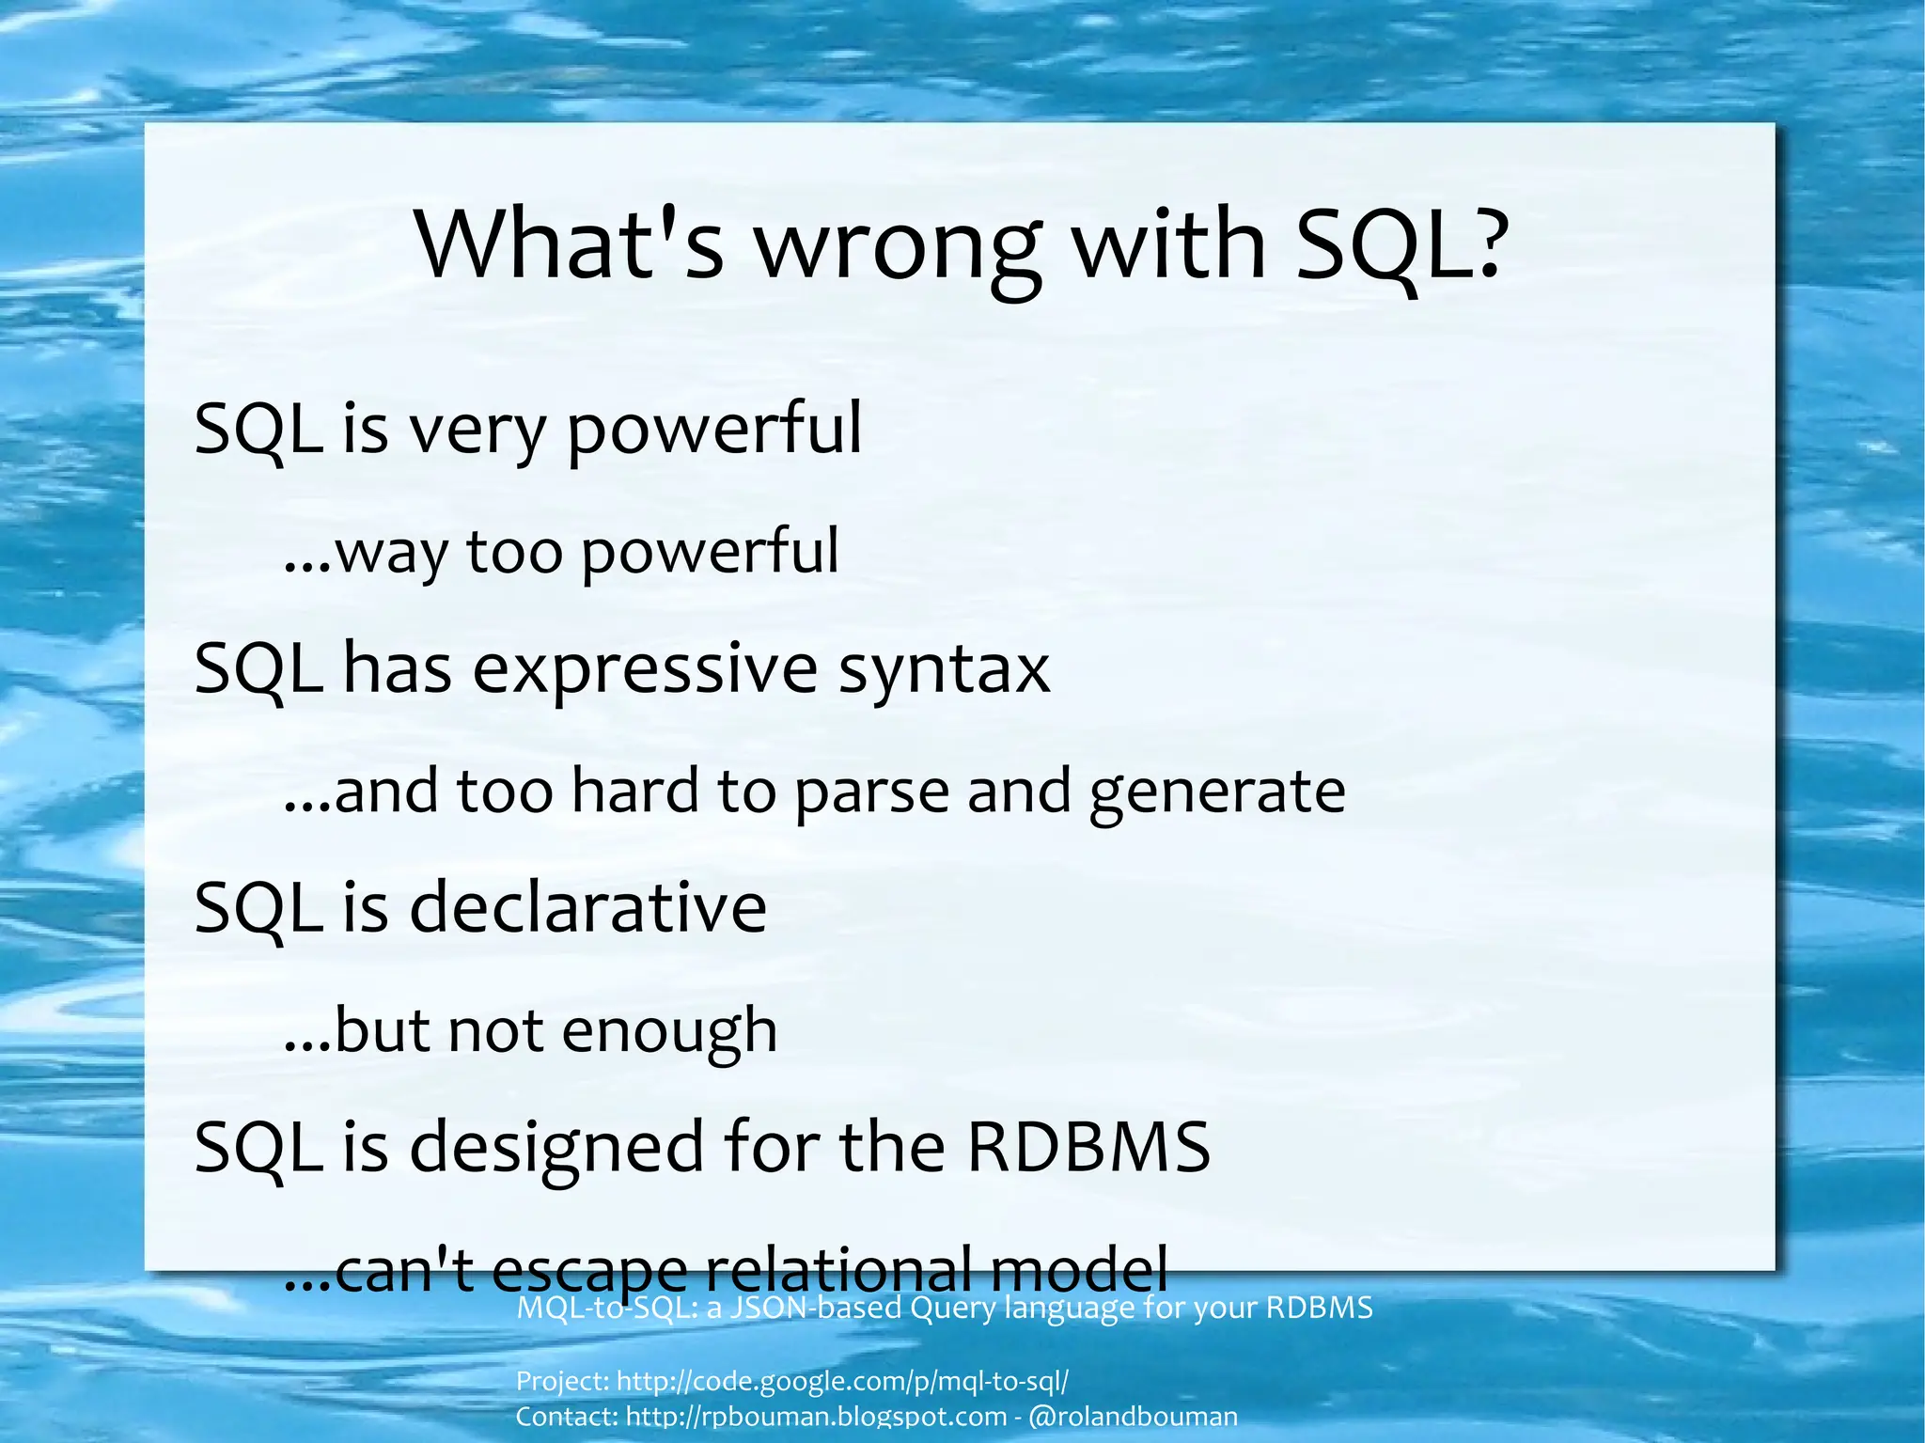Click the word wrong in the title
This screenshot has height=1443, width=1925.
click(x=898, y=246)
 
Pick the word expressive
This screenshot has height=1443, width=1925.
click(x=645, y=669)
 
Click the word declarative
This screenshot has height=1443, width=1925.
click(x=588, y=908)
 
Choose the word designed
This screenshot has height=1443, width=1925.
click(x=556, y=1149)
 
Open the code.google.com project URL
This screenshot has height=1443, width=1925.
click(x=842, y=1381)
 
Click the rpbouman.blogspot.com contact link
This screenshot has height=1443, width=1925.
click(x=816, y=1416)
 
